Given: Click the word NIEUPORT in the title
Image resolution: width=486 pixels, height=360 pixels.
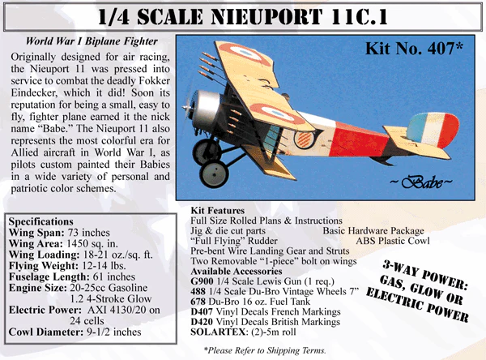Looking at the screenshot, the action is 266,17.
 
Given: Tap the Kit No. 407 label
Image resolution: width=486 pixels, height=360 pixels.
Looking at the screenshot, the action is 414,48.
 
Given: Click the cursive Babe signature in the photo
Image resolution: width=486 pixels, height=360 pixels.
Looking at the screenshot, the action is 420,182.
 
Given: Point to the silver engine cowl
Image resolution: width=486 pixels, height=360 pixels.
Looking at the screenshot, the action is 205,109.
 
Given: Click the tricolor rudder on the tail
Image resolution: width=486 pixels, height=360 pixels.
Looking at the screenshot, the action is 433,131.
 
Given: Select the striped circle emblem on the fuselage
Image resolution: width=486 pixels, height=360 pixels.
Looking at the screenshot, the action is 305,139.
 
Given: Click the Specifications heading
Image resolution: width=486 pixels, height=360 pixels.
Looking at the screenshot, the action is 41,221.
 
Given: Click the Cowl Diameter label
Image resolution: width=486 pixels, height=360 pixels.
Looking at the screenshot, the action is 46,332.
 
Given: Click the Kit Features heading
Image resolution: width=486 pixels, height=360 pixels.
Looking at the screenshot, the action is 218,211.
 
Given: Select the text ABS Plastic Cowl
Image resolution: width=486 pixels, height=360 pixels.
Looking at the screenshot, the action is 393,241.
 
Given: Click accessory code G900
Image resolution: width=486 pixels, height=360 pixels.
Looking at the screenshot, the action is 202,281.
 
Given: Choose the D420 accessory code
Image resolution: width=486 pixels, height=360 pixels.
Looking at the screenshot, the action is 202,322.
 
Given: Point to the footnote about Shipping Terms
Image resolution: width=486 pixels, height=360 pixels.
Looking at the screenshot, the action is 265,350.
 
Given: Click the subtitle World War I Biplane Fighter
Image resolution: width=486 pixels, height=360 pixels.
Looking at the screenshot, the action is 92,41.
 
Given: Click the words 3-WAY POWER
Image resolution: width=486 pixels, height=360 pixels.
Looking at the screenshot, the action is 425,275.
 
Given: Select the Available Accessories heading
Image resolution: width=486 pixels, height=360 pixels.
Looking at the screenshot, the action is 237,272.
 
